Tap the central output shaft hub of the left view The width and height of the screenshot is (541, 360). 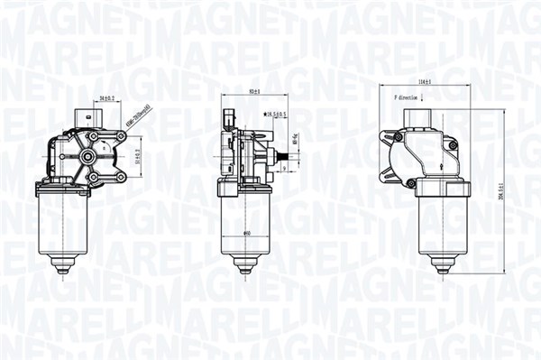click(x=87, y=157)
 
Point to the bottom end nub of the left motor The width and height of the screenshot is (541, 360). click(x=63, y=267)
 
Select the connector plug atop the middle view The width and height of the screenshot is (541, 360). click(x=229, y=118)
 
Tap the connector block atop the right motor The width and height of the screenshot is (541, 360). click(x=421, y=118)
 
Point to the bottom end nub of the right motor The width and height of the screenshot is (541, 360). click(x=442, y=267)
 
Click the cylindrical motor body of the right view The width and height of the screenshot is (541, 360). click(x=442, y=226)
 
